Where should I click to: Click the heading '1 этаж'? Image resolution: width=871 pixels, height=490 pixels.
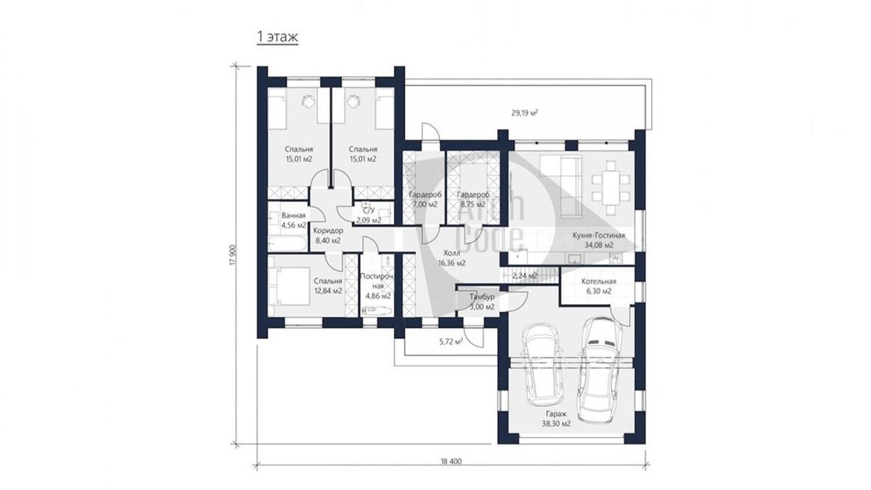point(277,37)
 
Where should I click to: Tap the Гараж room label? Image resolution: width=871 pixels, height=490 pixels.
point(556,419)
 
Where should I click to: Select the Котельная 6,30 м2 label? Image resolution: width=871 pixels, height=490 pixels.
point(599,286)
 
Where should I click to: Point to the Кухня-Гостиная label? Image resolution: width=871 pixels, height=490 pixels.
point(599,240)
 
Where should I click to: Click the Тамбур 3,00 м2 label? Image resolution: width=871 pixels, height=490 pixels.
point(482,302)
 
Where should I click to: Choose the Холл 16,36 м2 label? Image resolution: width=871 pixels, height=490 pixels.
point(451,258)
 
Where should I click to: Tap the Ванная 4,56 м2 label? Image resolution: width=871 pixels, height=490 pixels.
point(293,220)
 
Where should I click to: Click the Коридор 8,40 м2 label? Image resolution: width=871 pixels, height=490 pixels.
point(328,236)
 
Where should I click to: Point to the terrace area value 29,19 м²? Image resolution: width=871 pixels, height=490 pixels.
point(525,113)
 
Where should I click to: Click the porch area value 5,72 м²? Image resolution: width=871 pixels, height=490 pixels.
point(451,342)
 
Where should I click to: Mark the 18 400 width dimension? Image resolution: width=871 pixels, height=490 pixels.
point(451,462)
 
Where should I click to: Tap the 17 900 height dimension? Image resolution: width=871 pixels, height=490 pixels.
point(232,255)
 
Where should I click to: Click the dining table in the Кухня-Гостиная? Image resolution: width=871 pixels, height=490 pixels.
point(611,188)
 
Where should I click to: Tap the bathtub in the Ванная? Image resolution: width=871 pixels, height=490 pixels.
point(287,244)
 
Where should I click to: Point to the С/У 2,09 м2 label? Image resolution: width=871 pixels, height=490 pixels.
point(369,216)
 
